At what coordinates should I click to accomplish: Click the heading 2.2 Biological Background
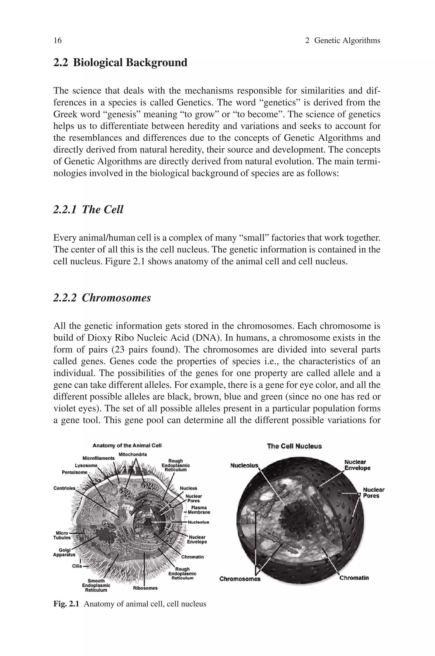tap(120, 63)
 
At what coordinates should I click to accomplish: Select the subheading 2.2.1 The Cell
tap(88, 209)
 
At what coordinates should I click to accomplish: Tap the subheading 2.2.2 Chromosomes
tap(102, 298)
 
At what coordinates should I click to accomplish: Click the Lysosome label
tap(86, 465)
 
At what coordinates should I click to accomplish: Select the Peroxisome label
tap(74, 472)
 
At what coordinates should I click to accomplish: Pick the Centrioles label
tap(64, 488)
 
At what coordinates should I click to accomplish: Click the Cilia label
tap(77, 566)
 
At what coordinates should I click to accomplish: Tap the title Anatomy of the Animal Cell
tap(127, 446)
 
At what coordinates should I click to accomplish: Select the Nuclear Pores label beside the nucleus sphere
tap(373, 493)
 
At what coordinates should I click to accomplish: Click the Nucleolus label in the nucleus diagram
tap(244, 466)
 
